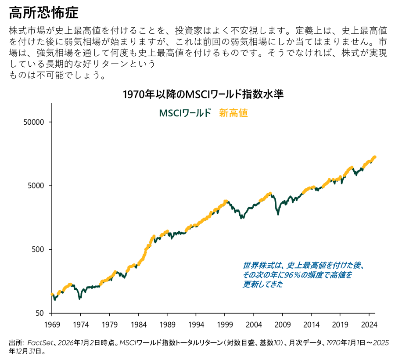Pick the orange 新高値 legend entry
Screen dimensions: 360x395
coord(233,113)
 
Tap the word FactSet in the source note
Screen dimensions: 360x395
coord(41,342)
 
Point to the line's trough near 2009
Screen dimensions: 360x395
coord(278,214)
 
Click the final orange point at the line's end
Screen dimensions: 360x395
coord(374,157)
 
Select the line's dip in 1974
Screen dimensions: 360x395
coord(79,299)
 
